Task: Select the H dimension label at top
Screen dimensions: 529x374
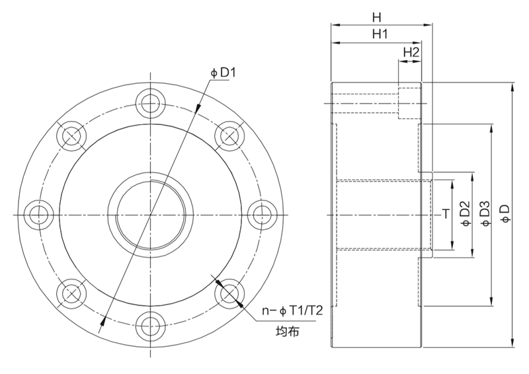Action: (x=376, y=17)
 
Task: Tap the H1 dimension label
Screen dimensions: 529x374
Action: (x=380, y=34)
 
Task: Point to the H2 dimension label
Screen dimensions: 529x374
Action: (x=411, y=52)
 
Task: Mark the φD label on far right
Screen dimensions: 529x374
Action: (x=506, y=214)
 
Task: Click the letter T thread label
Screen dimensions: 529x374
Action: (x=446, y=214)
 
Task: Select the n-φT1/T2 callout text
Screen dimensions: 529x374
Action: (x=292, y=311)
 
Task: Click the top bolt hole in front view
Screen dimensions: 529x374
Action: (x=150, y=103)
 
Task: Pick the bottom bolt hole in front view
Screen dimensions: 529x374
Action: (x=150, y=326)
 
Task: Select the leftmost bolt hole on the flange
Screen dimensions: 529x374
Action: (x=39, y=215)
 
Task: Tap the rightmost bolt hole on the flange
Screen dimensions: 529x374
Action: (x=262, y=215)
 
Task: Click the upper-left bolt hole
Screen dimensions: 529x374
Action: (x=71, y=136)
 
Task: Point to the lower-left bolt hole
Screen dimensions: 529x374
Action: (x=71, y=293)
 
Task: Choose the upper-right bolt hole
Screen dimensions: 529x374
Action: (x=229, y=136)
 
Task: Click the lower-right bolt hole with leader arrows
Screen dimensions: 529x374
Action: (x=229, y=293)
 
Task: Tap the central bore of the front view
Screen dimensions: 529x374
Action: (x=150, y=215)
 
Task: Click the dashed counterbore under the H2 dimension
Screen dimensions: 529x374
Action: (x=410, y=103)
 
